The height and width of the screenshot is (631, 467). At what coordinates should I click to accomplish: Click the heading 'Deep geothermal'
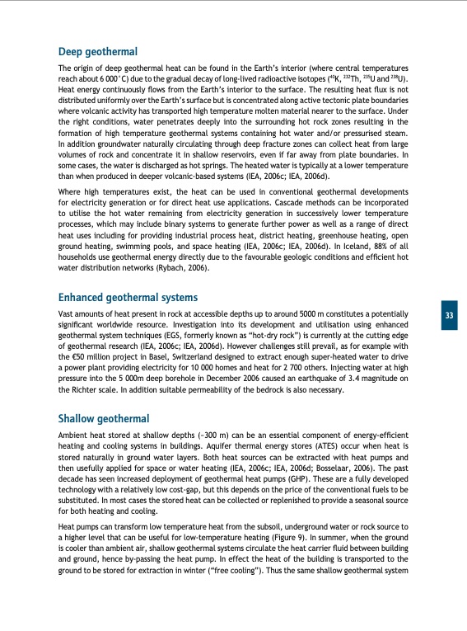[x=97, y=52]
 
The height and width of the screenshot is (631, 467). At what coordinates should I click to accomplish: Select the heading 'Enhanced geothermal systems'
[x=128, y=299]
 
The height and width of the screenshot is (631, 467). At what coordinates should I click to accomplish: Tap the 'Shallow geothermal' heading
[x=102, y=418]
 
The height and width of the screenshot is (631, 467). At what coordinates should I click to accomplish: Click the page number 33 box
[x=450, y=316]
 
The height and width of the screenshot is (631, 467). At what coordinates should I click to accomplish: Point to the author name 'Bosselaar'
[x=348, y=465]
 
